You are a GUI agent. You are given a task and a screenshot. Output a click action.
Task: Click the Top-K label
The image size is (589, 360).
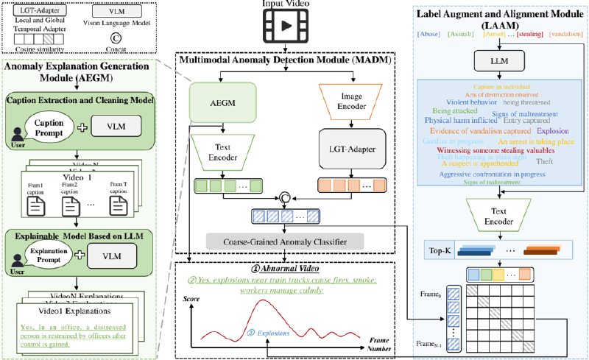[x=440, y=251]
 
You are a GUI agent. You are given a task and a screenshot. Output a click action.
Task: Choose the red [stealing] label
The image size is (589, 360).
[x=532, y=33]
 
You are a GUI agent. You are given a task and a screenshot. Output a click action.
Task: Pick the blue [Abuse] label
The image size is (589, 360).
[x=429, y=33]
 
